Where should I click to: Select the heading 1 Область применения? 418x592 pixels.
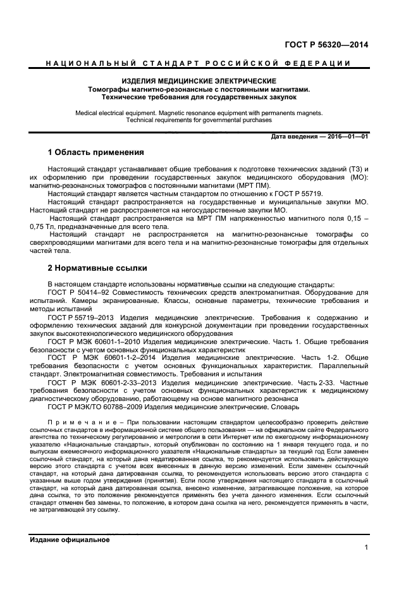96,152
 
